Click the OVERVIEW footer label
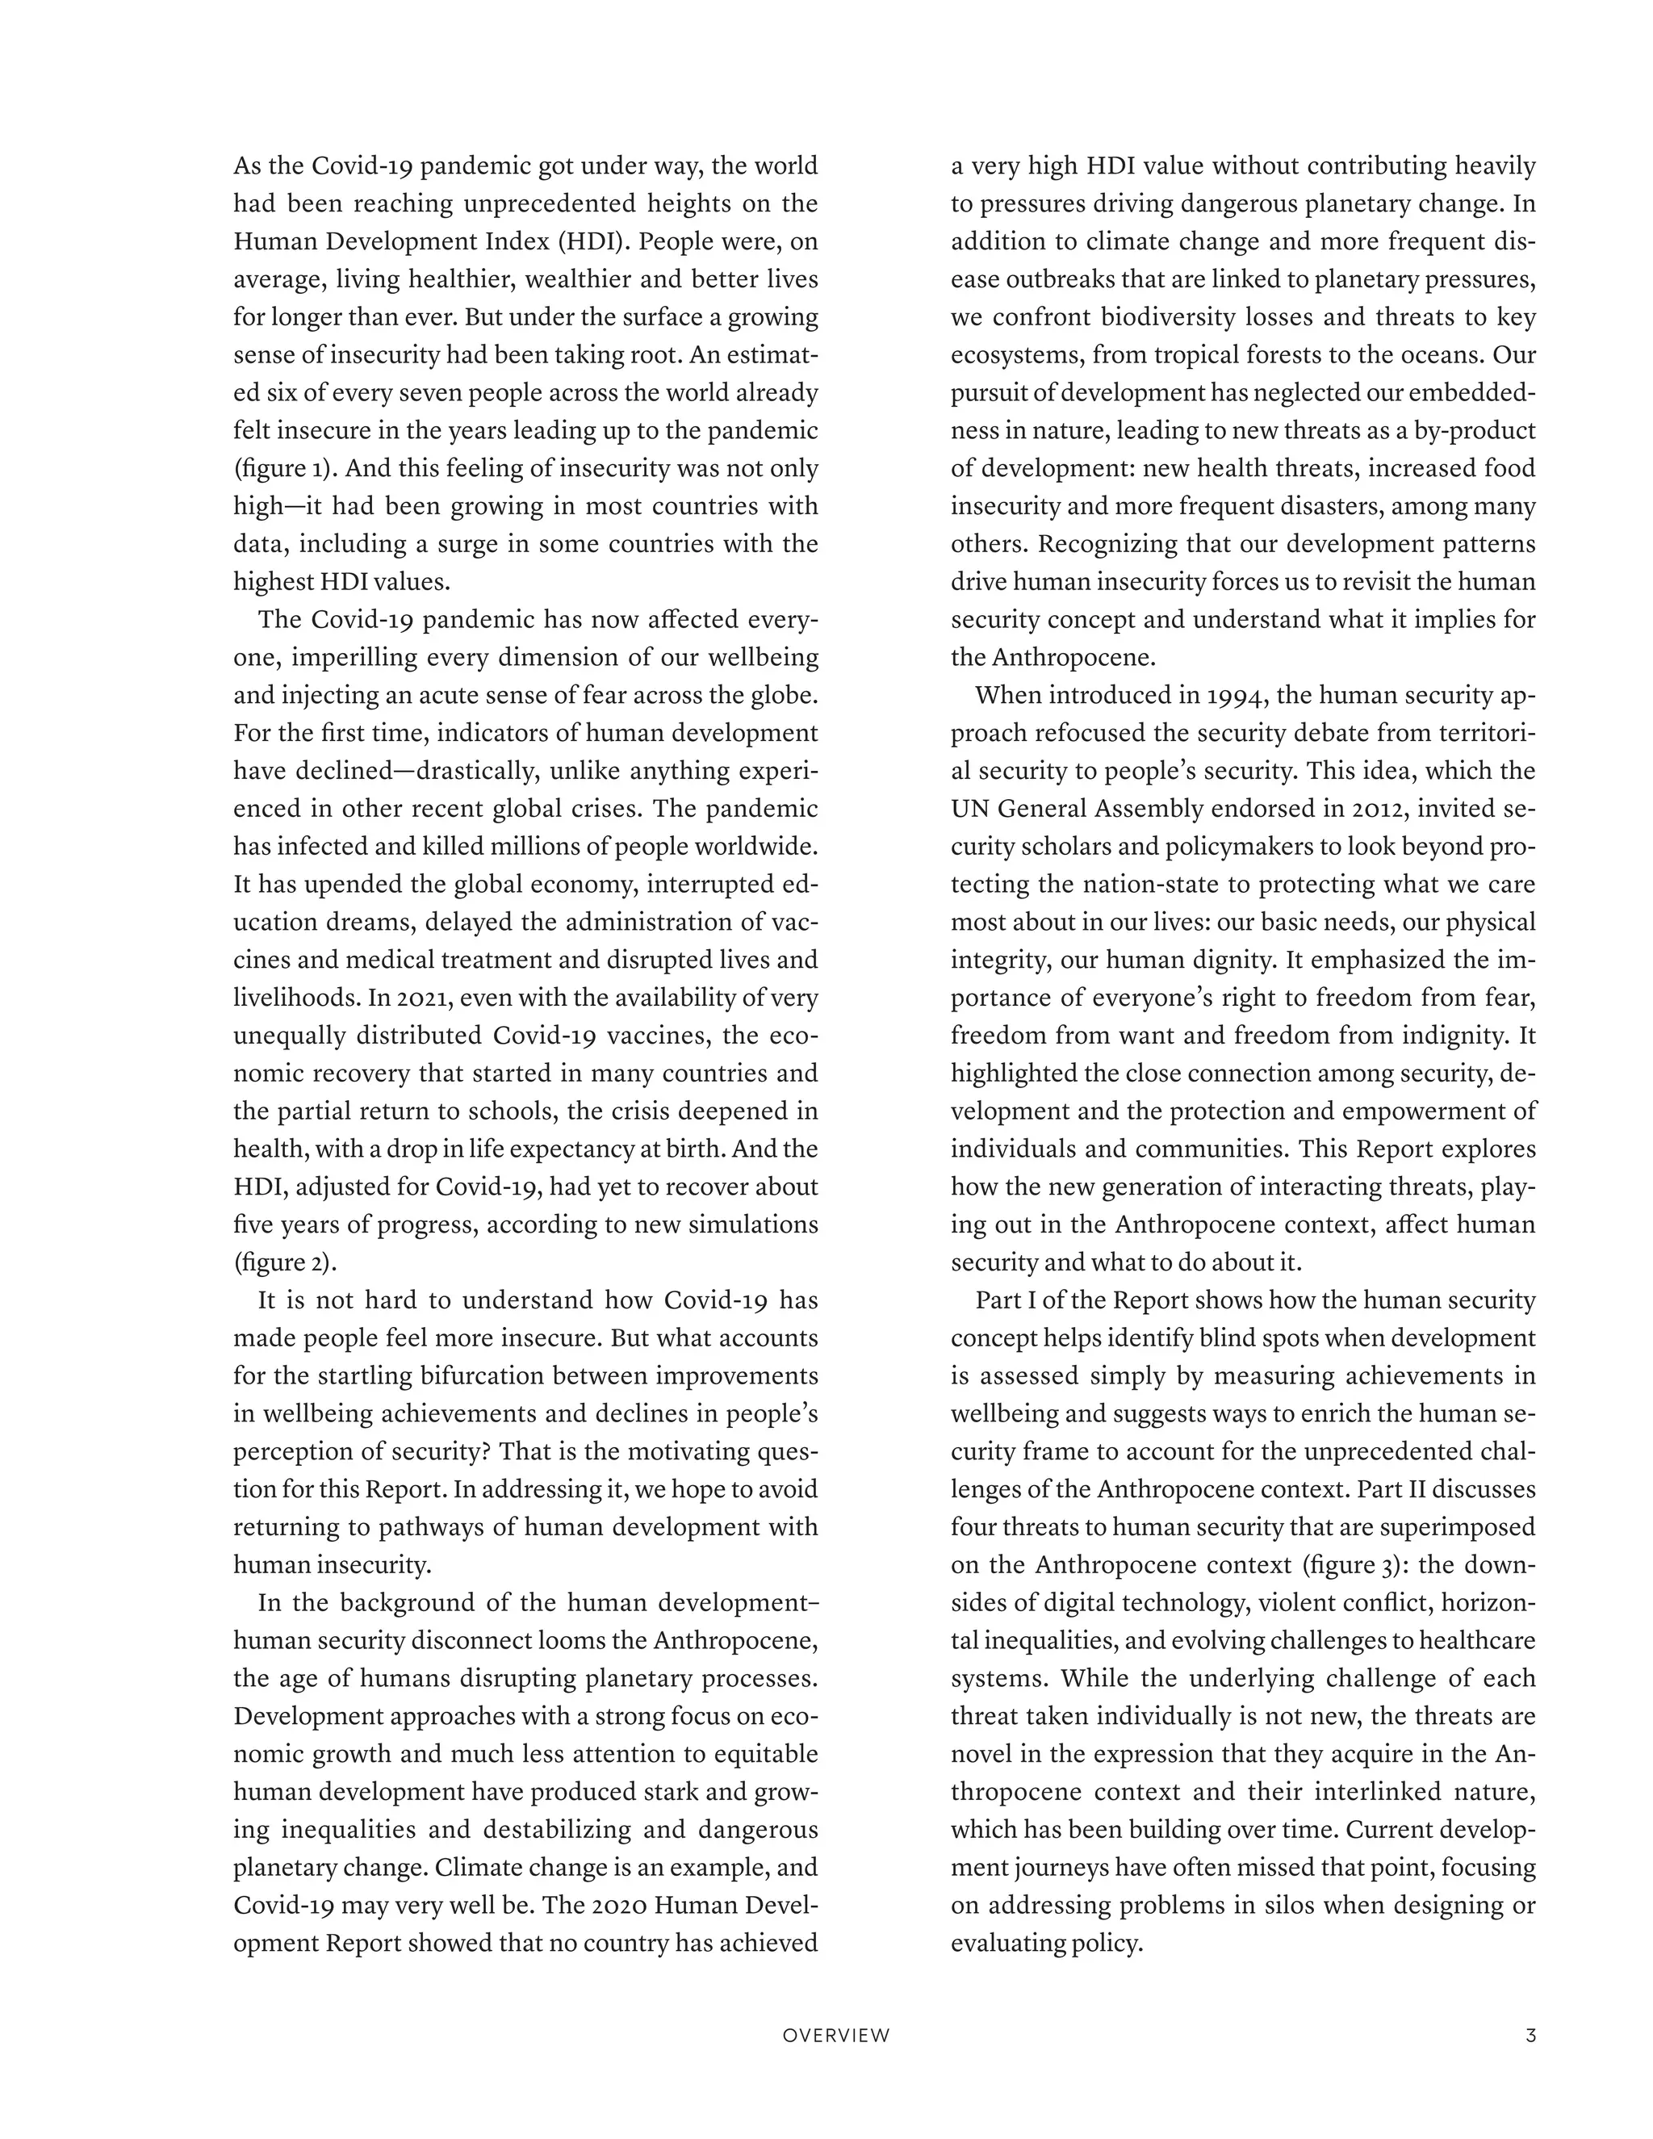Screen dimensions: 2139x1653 pos(836,2035)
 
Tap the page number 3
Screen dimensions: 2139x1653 pos(1530,2035)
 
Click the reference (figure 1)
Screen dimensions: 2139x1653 pos(285,468)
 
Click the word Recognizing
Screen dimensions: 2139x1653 pos(1107,543)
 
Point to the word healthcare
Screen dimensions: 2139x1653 pos(1478,1640)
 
